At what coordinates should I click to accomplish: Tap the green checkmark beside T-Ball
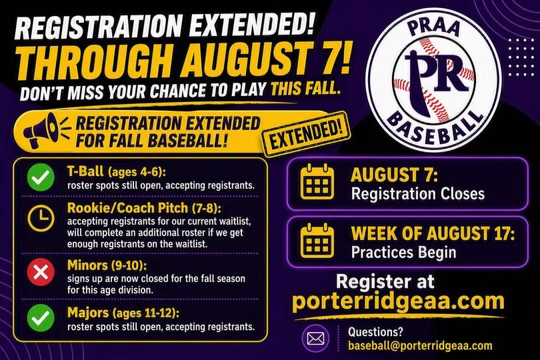(41, 177)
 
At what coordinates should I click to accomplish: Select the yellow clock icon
(41, 219)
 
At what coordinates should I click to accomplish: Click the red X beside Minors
(41, 272)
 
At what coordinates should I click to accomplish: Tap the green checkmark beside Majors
(41, 317)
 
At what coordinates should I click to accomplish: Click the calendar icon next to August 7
(317, 182)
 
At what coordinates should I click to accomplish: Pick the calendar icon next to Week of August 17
(317, 241)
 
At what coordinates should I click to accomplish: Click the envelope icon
(315, 338)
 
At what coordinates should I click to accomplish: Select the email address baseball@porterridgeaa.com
(420, 346)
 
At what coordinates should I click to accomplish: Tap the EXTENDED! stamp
(306, 135)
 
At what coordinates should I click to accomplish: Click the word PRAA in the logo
(433, 27)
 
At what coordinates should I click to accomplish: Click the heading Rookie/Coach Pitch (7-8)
(144, 208)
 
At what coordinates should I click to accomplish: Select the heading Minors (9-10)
(107, 265)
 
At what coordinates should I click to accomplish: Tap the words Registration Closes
(418, 193)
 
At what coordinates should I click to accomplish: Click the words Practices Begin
(403, 252)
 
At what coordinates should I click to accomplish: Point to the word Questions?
(375, 332)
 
